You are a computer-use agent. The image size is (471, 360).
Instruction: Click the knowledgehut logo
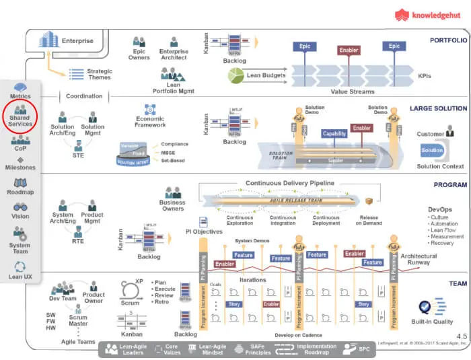point(428,14)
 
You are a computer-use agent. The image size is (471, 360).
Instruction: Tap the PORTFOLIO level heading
point(448,40)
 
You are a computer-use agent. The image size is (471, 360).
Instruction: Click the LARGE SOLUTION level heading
point(439,108)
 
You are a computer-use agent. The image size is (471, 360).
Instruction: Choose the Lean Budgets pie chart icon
point(235,76)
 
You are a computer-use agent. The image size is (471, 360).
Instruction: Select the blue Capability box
point(334,133)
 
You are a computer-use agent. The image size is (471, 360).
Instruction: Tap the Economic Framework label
point(150,121)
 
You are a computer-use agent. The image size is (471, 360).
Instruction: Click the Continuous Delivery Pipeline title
point(289,183)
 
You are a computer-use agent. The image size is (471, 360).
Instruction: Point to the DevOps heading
point(439,210)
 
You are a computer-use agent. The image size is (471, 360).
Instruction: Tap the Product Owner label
point(94,297)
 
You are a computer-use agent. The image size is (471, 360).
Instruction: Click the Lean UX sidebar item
point(20,271)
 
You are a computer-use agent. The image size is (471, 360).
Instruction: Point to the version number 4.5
point(462,336)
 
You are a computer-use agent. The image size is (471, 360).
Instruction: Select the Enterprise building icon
point(48,40)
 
